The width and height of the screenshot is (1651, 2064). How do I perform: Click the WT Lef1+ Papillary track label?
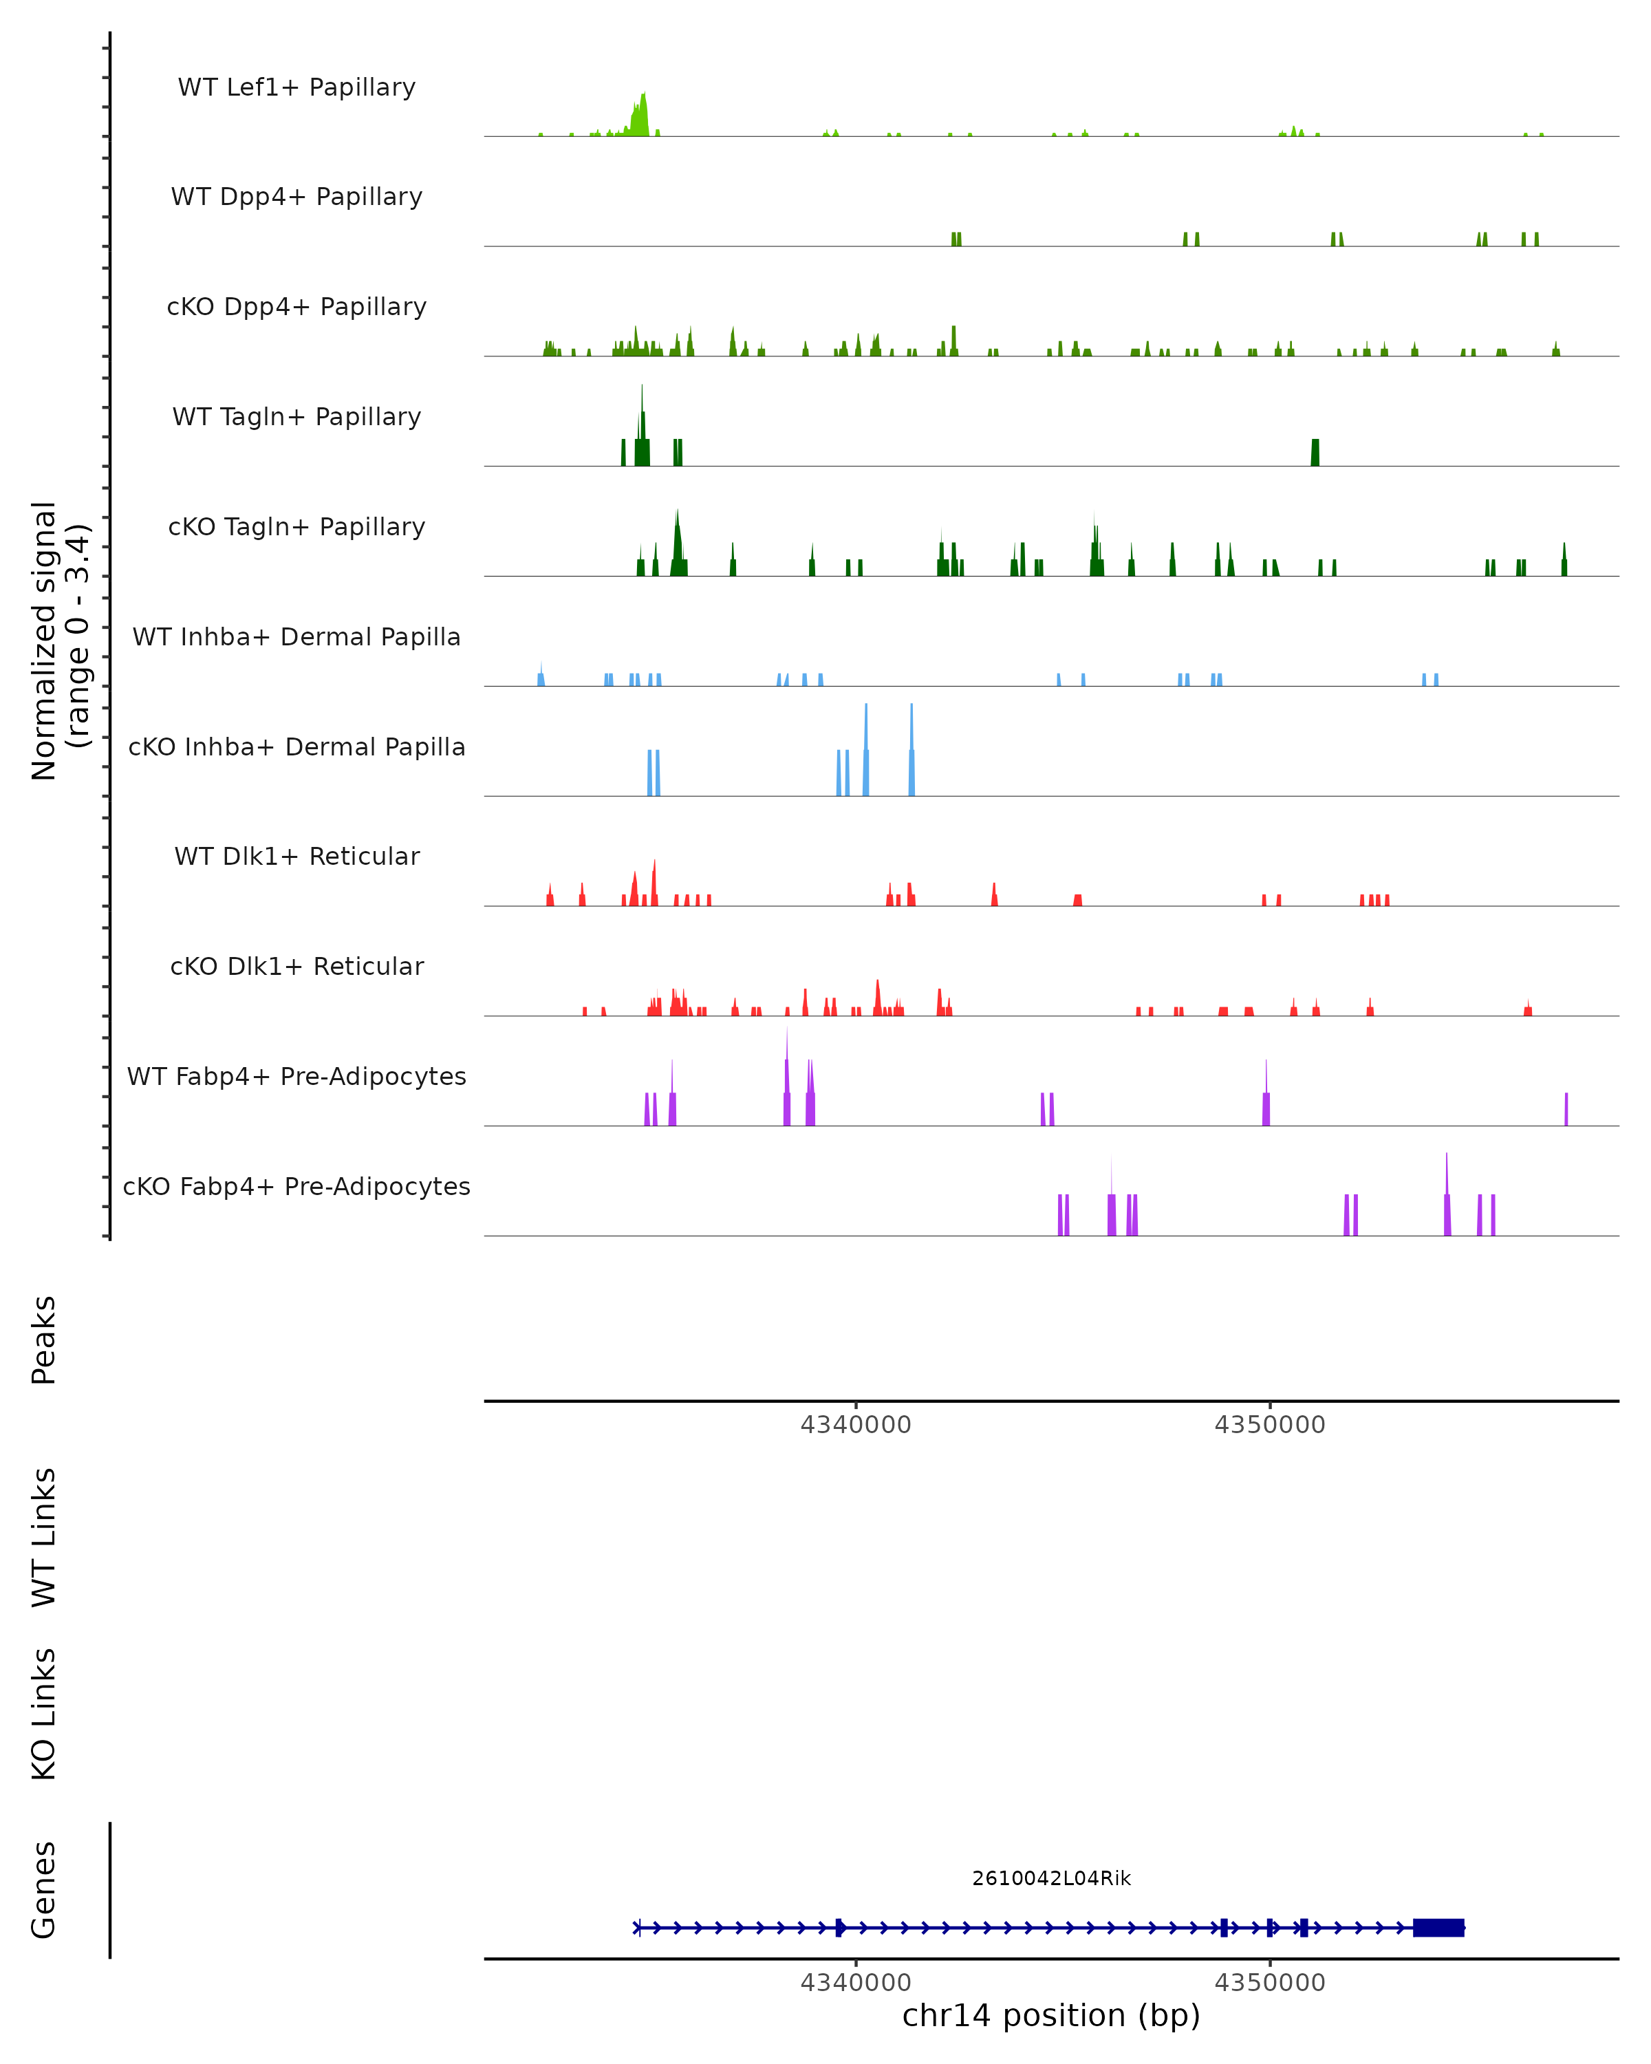[x=296, y=87]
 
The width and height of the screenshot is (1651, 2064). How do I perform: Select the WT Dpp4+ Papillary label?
[x=296, y=197]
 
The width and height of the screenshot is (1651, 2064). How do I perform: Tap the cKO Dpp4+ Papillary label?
[x=296, y=308]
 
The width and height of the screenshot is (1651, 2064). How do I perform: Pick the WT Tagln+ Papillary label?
[x=296, y=418]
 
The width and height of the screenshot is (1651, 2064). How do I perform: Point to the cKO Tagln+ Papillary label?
[x=296, y=528]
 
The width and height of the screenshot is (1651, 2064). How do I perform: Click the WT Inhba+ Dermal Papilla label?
[x=296, y=638]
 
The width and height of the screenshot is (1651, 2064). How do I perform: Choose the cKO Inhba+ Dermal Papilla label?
[x=296, y=748]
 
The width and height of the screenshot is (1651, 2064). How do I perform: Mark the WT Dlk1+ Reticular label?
[x=296, y=857]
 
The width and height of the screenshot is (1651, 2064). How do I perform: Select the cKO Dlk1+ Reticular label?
[x=296, y=967]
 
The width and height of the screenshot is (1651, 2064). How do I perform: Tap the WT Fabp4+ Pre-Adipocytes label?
[x=296, y=1077]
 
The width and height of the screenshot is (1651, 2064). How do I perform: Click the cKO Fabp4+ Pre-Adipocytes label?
[x=296, y=1187]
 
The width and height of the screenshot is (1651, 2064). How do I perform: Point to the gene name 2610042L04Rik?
[x=1051, y=1878]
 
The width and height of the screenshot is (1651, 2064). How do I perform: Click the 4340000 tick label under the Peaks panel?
[x=856, y=1425]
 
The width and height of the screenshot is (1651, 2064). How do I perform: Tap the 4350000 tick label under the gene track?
[x=1270, y=1983]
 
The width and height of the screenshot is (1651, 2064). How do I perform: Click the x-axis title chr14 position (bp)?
[x=1051, y=2016]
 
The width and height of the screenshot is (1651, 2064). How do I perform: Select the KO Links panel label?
[x=44, y=1714]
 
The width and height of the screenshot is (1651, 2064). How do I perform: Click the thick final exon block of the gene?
[x=1438, y=1928]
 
